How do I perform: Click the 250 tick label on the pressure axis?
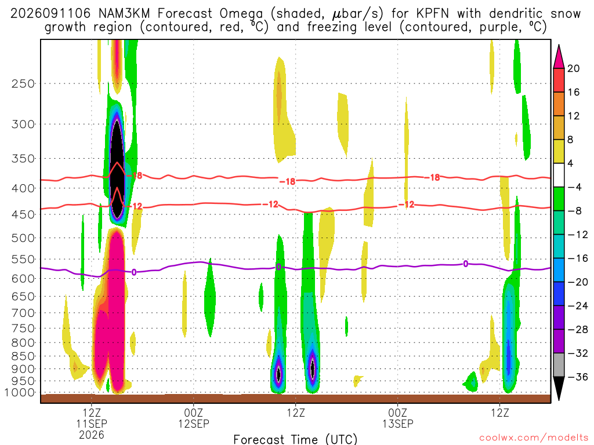(23, 83)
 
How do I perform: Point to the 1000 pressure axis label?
(20, 392)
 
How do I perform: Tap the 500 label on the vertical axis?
(23, 238)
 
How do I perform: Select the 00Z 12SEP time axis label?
(194, 418)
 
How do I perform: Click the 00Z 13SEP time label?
(398, 418)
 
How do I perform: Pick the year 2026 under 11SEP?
(92, 435)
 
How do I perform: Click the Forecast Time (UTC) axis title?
(295, 439)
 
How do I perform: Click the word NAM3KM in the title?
(124, 14)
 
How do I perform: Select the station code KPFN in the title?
(432, 14)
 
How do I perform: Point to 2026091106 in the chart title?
(50, 14)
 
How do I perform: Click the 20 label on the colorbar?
(573, 68)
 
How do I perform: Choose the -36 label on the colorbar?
(577, 377)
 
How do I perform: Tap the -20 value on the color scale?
(577, 282)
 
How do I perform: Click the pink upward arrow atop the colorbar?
(559, 57)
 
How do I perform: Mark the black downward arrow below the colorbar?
(559, 388)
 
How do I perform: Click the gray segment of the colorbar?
(559, 365)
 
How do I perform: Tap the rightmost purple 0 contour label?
(466, 264)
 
